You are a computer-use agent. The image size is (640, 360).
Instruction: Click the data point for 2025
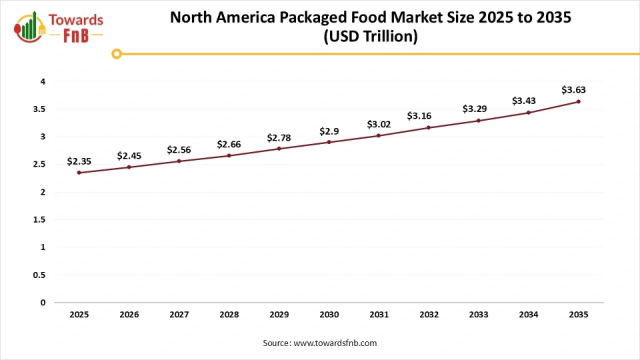coord(79,173)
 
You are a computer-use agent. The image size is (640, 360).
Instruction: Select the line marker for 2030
coord(329,142)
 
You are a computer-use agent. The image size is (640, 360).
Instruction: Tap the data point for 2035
coord(578,101)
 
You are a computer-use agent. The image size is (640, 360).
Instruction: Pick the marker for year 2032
coord(429,127)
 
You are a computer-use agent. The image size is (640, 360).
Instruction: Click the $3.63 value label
coord(573,89)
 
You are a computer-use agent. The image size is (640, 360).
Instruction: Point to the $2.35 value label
coord(79,161)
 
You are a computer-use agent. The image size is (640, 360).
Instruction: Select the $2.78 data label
coord(279,137)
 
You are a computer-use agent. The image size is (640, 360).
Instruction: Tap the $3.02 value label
coord(379,124)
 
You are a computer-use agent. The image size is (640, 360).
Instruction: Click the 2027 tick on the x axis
coord(179,315)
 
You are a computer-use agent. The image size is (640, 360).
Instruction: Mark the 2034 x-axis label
coord(529,315)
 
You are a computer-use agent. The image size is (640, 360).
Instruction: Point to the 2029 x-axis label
coord(279,315)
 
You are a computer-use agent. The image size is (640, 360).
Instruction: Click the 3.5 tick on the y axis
coord(40,109)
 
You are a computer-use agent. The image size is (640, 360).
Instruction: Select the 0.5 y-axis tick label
coord(40,275)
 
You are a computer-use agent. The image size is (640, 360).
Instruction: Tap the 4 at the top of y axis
coord(43,81)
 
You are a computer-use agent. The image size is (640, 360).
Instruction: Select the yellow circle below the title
coord(117,53)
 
